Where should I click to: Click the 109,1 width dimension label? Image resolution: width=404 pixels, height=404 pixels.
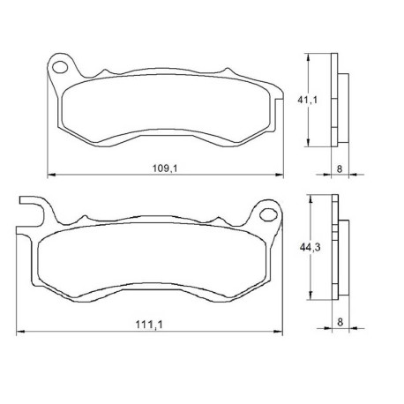click(x=165, y=168)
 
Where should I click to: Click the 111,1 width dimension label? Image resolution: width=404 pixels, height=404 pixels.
click(x=149, y=325)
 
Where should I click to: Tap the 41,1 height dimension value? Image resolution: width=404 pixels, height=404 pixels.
click(x=308, y=100)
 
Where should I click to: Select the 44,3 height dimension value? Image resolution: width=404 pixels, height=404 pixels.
click(x=310, y=248)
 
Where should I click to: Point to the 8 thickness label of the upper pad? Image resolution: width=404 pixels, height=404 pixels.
click(x=340, y=169)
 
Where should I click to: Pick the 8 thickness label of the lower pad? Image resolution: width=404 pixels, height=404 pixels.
click(x=340, y=322)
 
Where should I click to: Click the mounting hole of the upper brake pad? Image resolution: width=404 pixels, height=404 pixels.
click(x=60, y=67)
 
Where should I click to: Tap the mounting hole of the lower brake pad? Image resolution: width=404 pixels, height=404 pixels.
click(x=268, y=214)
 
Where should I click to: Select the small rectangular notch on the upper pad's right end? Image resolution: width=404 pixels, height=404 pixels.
click(x=280, y=114)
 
